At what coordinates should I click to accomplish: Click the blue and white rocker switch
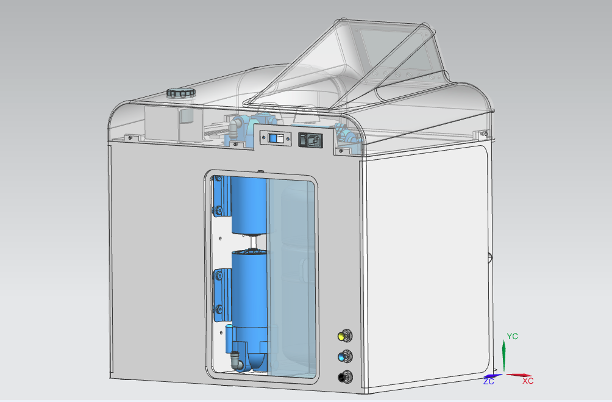276,138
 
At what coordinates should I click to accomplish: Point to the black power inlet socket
311,140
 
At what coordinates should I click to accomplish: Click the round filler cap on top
180,93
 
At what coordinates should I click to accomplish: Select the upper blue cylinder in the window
249,206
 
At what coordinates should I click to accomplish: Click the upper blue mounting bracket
221,196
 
